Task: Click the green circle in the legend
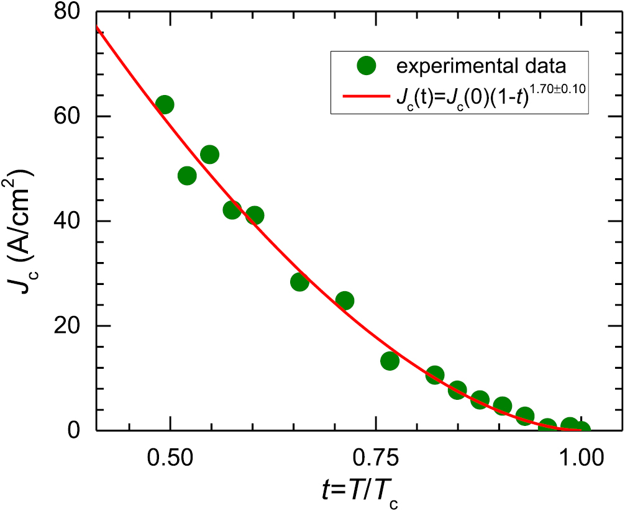[367, 63]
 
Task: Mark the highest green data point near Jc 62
[165, 104]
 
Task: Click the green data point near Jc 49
[187, 176]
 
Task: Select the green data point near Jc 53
[209, 155]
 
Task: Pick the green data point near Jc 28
[299, 282]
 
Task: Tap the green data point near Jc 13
[390, 361]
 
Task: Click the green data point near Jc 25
[344, 301]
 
